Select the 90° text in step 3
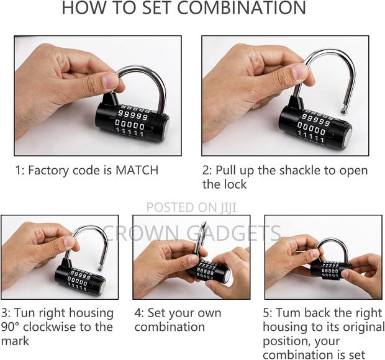point(13,327)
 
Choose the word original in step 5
point(351,327)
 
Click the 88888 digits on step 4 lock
point(205,271)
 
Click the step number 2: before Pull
point(207,169)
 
